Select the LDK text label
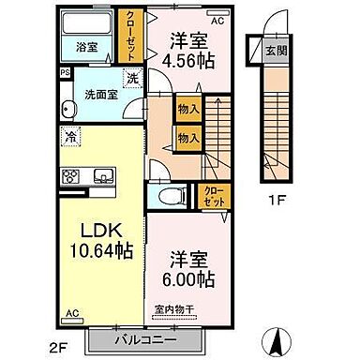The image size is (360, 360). (92, 231)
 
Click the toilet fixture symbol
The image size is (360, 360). (168, 194)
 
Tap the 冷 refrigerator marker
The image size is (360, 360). (71, 137)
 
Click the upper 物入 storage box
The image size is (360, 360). (187, 111)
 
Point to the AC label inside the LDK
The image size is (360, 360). (71, 315)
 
